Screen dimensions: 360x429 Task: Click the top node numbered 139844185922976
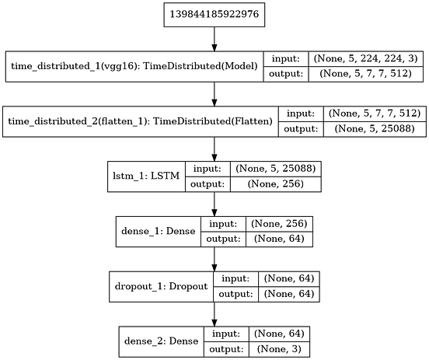(214, 15)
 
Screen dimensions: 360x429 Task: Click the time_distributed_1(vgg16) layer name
(134, 67)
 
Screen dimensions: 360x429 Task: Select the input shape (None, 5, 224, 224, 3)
(368, 58)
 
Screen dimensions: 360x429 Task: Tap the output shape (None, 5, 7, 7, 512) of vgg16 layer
(368, 75)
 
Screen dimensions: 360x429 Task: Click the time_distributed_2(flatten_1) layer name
(139, 121)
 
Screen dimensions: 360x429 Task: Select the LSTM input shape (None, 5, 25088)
(274, 168)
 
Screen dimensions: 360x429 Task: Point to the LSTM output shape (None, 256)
(274, 185)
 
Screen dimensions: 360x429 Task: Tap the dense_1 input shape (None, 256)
(277, 223)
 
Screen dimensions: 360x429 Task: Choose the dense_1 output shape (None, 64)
(277, 240)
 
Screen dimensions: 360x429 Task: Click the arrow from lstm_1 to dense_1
(214, 204)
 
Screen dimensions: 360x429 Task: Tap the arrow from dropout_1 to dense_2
(214, 313)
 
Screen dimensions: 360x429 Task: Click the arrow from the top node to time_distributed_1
(214, 39)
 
